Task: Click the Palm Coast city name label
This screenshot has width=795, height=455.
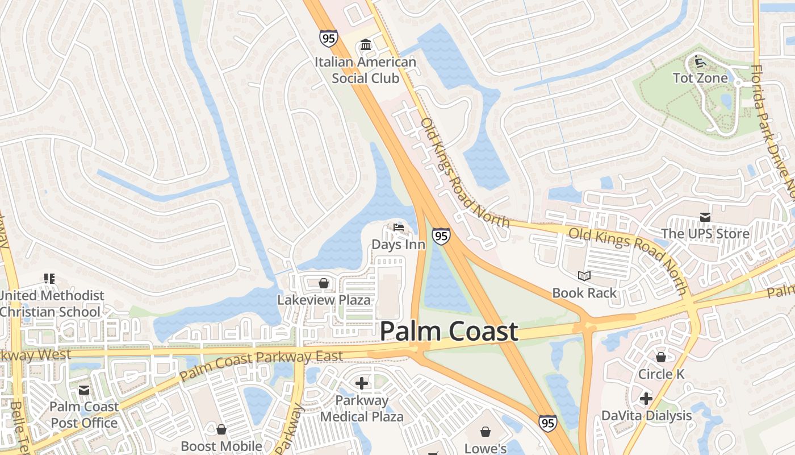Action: coord(449,332)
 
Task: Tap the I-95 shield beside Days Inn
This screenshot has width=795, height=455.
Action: coord(441,236)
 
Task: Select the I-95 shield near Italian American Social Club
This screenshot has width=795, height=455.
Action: coord(328,38)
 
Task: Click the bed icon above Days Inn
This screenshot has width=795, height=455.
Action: coord(399,228)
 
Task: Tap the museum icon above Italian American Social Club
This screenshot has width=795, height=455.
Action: coord(366,45)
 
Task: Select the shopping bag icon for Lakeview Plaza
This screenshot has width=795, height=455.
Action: coord(324,283)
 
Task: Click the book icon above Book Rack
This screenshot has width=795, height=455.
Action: coord(584,276)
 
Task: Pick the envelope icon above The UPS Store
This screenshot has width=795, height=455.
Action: coord(705,217)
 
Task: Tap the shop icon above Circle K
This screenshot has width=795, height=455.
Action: coord(661,357)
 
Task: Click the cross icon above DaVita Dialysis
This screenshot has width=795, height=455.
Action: coord(646,399)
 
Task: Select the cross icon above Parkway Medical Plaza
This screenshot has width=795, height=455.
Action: coord(361,383)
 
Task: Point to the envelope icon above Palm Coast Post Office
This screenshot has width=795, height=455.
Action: coord(84,390)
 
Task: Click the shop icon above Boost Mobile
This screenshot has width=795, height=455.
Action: coord(221,429)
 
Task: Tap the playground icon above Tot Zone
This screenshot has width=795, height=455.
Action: coord(700,61)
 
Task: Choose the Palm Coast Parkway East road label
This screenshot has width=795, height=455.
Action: coord(261,364)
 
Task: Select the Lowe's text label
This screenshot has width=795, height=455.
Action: coord(486,448)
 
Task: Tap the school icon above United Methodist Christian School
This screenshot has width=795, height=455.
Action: coord(49,279)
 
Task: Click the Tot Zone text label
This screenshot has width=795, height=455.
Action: coord(700,78)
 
